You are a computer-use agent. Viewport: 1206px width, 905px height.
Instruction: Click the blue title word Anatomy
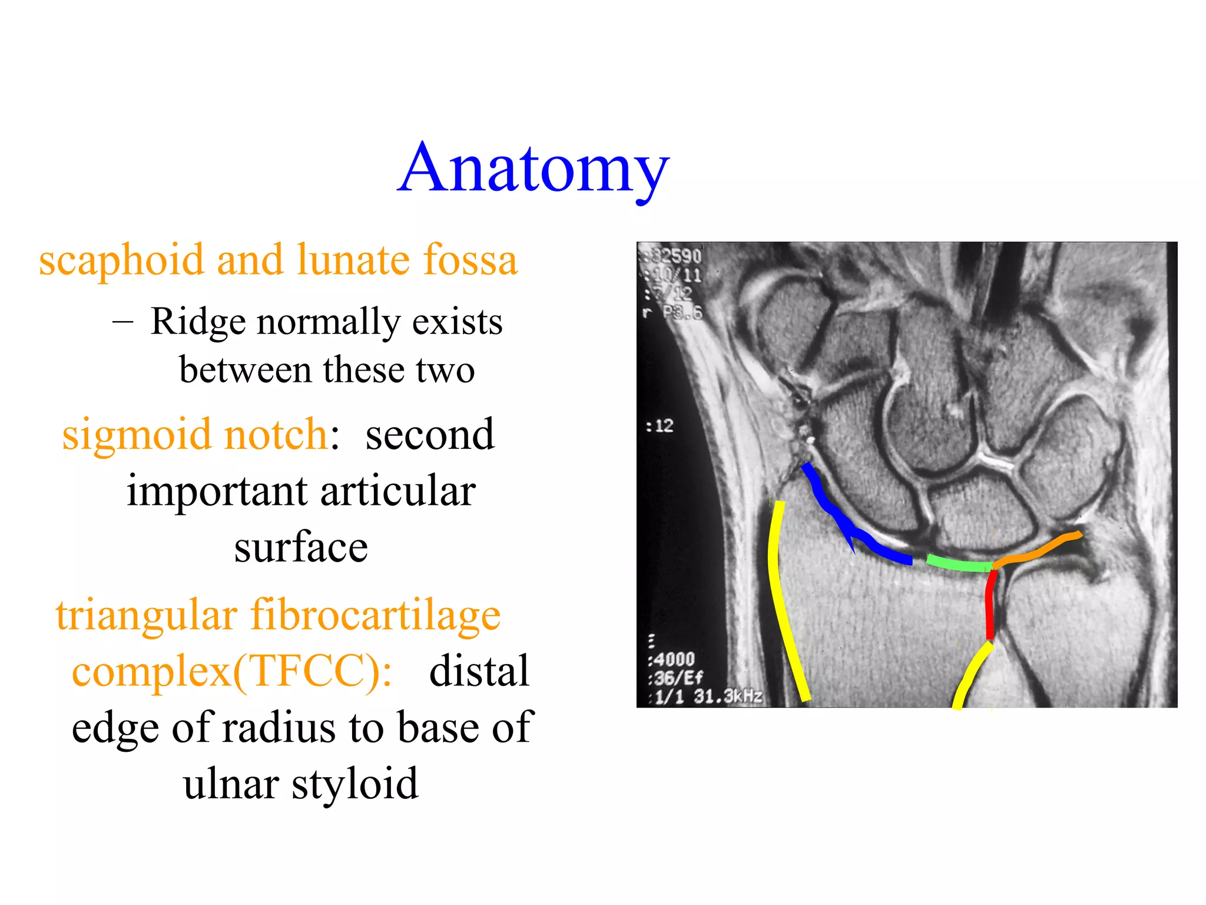point(533,170)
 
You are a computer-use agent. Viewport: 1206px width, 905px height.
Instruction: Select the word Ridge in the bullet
point(198,322)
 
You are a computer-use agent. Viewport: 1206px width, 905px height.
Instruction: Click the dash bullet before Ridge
point(122,322)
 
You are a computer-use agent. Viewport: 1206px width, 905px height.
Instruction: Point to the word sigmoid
point(137,435)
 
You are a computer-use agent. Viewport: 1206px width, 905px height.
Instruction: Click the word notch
point(276,435)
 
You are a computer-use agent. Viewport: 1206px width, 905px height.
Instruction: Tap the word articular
point(398,491)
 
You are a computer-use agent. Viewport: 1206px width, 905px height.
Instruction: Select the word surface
point(301,547)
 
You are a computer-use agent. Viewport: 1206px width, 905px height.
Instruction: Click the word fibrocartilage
point(375,615)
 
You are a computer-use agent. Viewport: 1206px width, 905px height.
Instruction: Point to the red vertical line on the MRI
point(990,607)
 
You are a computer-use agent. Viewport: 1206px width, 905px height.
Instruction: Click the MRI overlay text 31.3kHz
point(728,697)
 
